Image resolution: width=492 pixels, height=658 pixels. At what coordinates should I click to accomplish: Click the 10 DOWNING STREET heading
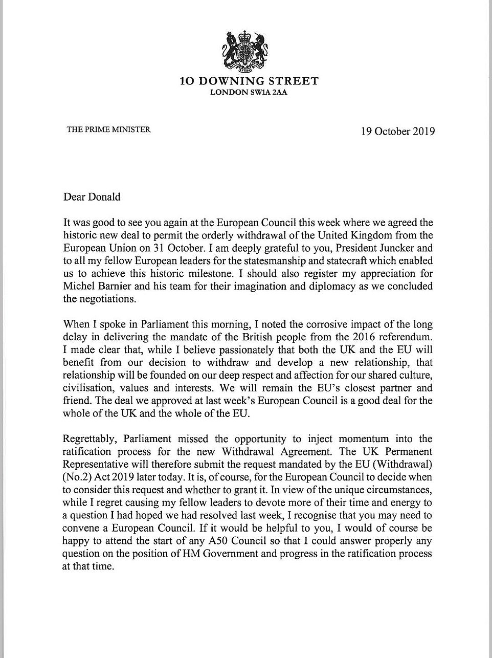(x=249, y=81)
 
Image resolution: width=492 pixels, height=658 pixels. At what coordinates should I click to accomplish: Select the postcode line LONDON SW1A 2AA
(x=249, y=93)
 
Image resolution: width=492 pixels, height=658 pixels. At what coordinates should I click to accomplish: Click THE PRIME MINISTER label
(x=108, y=129)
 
